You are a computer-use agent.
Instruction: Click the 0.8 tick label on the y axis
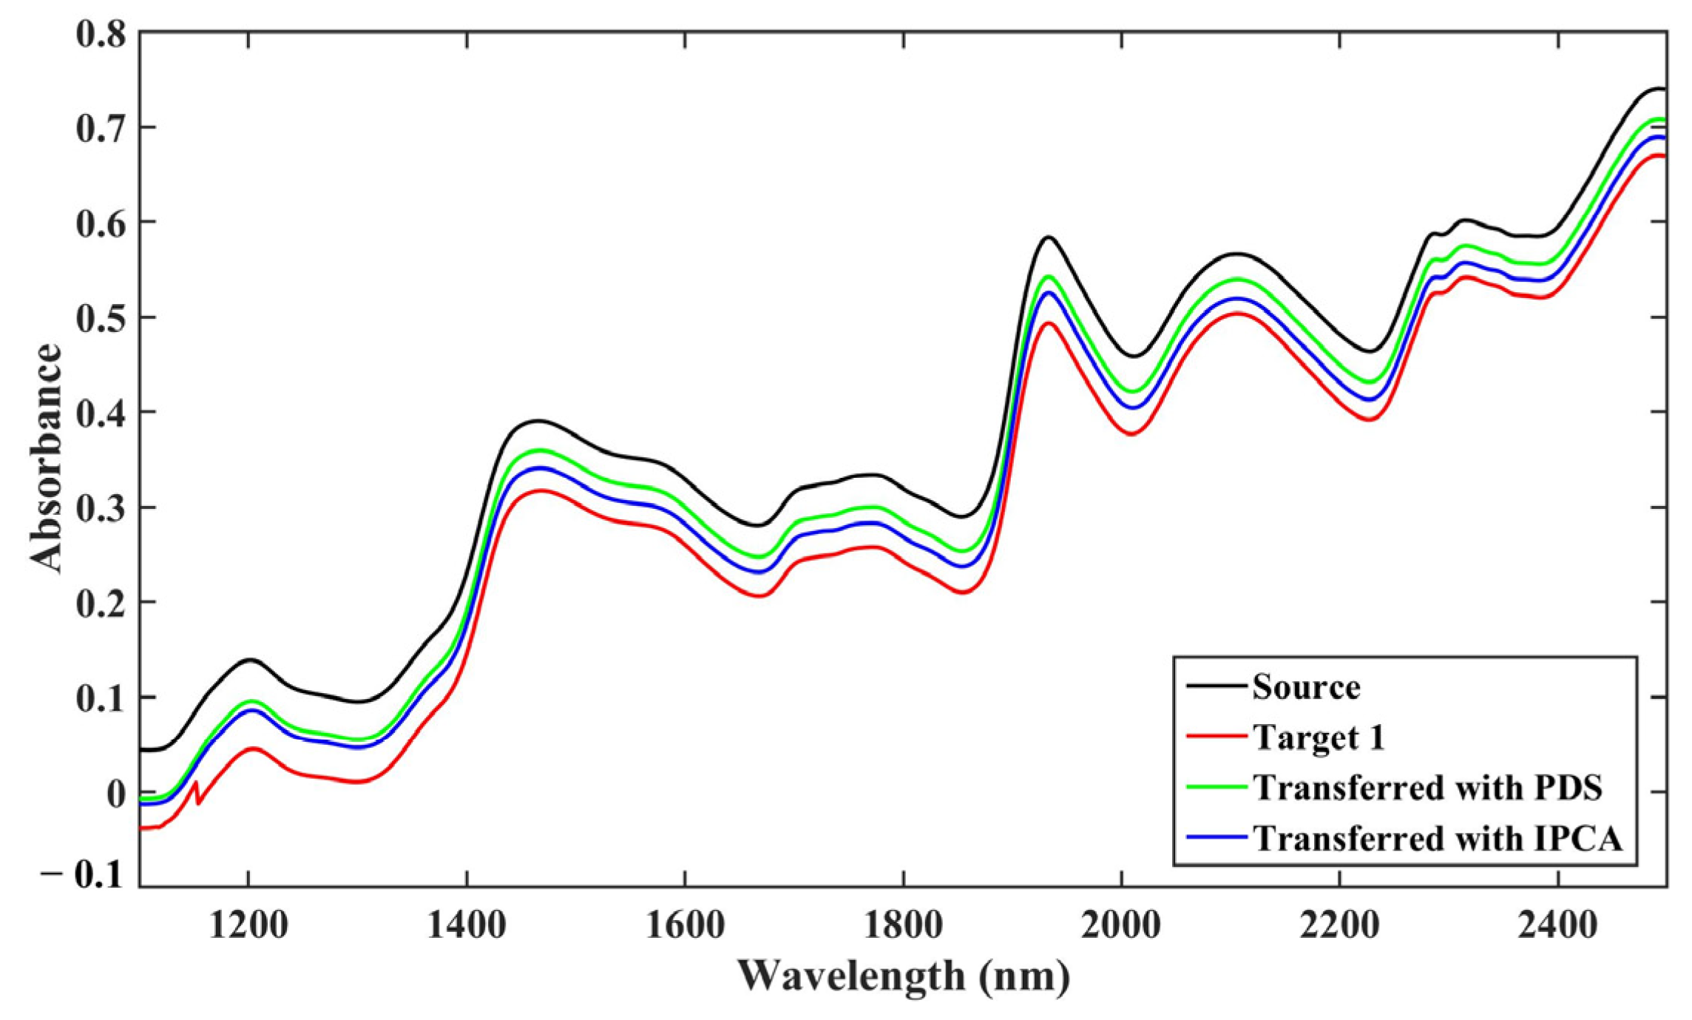click(x=101, y=34)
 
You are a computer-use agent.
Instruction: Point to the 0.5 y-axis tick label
click(x=101, y=318)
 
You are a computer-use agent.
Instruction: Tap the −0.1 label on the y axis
click(x=83, y=876)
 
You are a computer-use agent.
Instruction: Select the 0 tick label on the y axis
click(x=116, y=794)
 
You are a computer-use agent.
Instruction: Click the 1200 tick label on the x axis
click(x=248, y=925)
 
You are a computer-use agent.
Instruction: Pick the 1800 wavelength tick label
click(x=903, y=925)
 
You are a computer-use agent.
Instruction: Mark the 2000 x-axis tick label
click(x=1121, y=925)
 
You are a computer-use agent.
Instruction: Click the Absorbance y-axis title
click(x=46, y=458)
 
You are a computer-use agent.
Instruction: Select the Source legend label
click(x=1306, y=687)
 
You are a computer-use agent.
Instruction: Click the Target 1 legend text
click(x=1318, y=737)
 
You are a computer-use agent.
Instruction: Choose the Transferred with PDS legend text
click(x=1427, y=787)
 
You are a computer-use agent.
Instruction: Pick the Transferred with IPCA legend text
click(x=1438, y=838)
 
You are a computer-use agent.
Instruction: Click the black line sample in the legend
click(x=1216, y=686)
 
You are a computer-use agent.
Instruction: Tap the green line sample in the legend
click(x=1216, y=787)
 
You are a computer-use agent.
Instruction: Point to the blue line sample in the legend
click(x=1216, y=837)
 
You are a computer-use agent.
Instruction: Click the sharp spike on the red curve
click(x=196, y=783)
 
